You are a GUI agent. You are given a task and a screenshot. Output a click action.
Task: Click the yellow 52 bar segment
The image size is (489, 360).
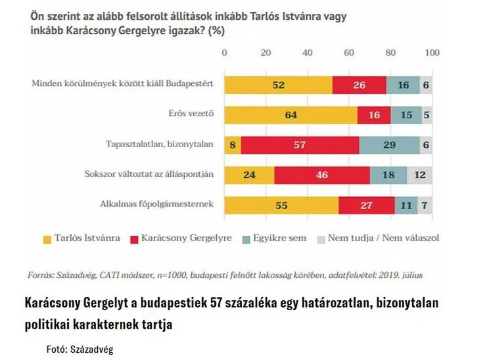(x=278, y=84)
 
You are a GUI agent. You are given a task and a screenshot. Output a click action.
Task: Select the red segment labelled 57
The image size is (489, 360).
(x=300, y=145)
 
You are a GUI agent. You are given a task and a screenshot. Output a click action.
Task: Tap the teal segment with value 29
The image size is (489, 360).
(x=389, y=145)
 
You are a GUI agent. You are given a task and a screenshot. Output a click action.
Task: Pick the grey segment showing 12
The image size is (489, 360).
(x=419, y=175)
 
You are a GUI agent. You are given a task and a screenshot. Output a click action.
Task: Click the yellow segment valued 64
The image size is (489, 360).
(x=291, y=114)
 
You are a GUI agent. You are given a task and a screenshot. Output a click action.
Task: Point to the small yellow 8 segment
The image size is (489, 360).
(x=233, y=145)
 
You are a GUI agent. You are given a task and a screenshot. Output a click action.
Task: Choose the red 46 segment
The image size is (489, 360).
(x=322, y=175)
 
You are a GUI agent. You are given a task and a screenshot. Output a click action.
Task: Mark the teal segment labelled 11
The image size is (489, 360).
(x=406, y=206)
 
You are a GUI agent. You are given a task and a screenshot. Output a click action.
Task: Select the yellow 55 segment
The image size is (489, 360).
(x=281, y=206)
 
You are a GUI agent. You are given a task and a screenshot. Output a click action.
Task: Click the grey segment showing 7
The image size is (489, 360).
(x=425, y=206)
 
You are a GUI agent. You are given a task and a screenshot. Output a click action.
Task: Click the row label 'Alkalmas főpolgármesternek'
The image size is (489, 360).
(x=158, y=205)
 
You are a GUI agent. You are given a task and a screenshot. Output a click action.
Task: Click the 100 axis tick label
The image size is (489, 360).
(x=432, y=53)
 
